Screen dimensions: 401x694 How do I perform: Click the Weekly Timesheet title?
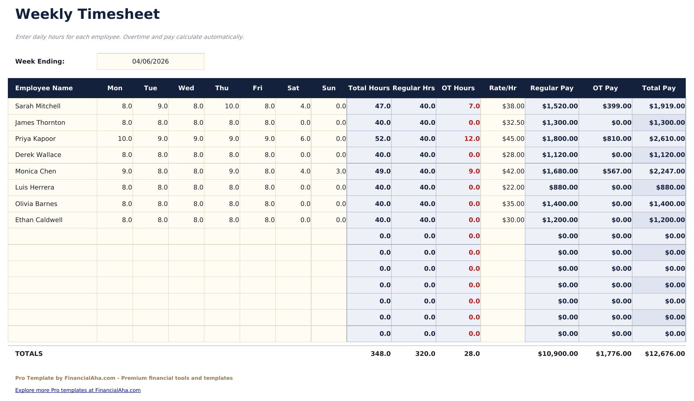tap(87, 15)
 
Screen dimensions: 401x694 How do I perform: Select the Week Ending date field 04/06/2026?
tap(150, 62)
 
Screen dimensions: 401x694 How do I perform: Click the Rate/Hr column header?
tap(503, 88)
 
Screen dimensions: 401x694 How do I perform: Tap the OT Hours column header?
tap(458, 88)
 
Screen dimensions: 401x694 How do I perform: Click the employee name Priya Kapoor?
tap(35, 139)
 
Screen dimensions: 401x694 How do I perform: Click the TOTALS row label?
tap(29, 354)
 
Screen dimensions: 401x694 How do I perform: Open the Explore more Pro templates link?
tap(78, 390)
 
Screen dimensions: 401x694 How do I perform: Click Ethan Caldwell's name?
tap(38, 220)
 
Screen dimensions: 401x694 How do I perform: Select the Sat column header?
tap(293, 88)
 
